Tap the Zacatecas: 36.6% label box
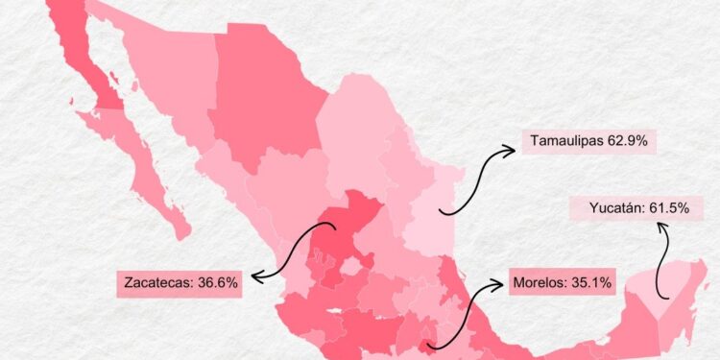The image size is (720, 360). click(x=181, y=283)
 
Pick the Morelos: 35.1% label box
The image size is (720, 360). click(x=562, y=283)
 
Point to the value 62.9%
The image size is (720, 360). click(x=627, y=141)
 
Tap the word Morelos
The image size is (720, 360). click(x=539, y=283)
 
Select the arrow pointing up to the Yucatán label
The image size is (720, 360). click(x=661, y=259)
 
